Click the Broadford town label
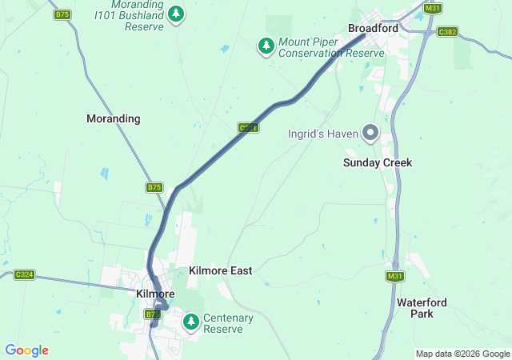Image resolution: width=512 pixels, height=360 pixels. tap(373, 28)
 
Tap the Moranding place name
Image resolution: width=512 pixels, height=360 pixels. tap(113, 118)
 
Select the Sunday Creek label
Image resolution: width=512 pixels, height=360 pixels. tap(378, 162)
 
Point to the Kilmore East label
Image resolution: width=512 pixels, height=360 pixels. tap(220, 271)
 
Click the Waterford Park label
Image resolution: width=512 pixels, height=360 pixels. tap(421, 308)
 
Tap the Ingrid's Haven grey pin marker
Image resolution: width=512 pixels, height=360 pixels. tap(370, 133)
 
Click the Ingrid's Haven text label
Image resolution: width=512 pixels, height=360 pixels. tap(323, 134)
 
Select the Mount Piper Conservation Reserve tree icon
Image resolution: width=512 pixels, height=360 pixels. tap(266, 46)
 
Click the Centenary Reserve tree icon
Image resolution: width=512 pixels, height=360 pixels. tap(190, 322)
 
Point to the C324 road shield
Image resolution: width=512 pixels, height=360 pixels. tap(25, 275)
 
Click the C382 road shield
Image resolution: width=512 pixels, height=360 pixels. tap(447, 32)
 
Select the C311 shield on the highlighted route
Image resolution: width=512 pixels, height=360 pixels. tap(248, 128)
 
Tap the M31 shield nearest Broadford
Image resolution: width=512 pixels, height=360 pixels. tap(433, 8)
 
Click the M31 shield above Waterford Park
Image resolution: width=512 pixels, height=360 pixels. tap(394, 276)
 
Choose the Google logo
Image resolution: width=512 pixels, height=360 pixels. tap(26, 350)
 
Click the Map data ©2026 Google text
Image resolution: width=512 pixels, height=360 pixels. tap(462, 354)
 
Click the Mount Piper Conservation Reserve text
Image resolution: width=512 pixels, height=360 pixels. tap(332, 47)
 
